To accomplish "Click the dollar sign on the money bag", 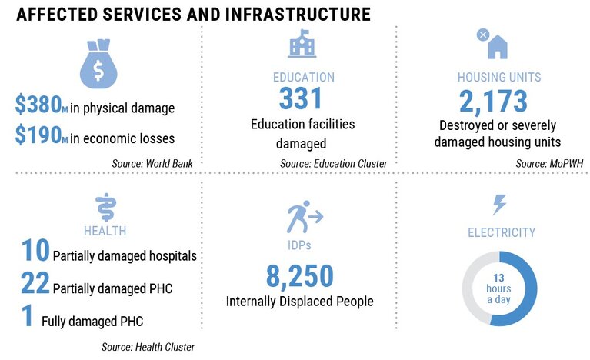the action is point(98,70).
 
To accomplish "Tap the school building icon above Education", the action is point(302,44).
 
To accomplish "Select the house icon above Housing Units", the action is point(498,47).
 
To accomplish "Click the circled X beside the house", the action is point(483,35).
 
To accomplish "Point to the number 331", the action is point(301,98).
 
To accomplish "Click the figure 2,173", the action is point(493,102).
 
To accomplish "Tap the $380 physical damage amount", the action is point(42,104).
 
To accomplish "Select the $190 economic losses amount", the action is point(42,135).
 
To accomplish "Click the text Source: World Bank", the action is point(152,164).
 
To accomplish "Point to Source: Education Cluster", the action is point(333,164).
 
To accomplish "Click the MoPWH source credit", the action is point(549,164).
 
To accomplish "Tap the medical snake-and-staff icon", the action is point(105,207).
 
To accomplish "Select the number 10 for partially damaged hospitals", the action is point(35,250).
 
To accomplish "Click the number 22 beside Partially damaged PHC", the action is point(35,282).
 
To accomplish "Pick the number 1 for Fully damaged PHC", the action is point(27,315).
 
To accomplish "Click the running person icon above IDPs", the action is point(305,216).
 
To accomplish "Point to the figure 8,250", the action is point(300,276).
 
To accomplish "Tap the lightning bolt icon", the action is point(499,205).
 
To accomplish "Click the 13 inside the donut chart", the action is point(498,278).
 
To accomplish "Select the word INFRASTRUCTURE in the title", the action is point(298,15).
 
